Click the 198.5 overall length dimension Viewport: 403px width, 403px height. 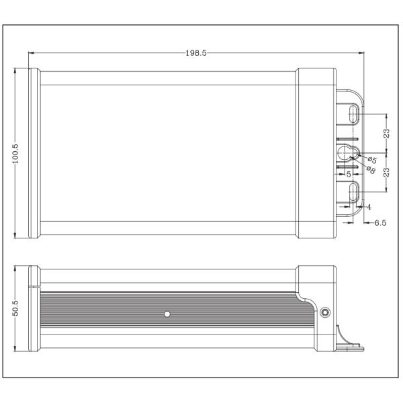(x=196, y=53)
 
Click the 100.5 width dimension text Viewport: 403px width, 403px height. (x=15, y=152)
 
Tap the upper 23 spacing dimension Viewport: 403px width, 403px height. (x=387, y=134)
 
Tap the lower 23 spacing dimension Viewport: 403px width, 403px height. (x=387, y=171)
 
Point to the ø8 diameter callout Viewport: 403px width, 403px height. (x=369, y=169)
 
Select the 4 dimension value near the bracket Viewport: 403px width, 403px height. (x=369, y=207)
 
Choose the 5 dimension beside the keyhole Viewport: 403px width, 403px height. (x=349, y=174)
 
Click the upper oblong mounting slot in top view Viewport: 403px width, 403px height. (x=353, y=114)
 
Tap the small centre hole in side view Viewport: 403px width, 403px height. (x=167, y=314)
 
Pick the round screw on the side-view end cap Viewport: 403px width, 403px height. (x=326, y=312)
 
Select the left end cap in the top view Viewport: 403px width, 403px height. (x=33, y=152)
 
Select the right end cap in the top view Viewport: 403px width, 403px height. (x=316, y=152)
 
